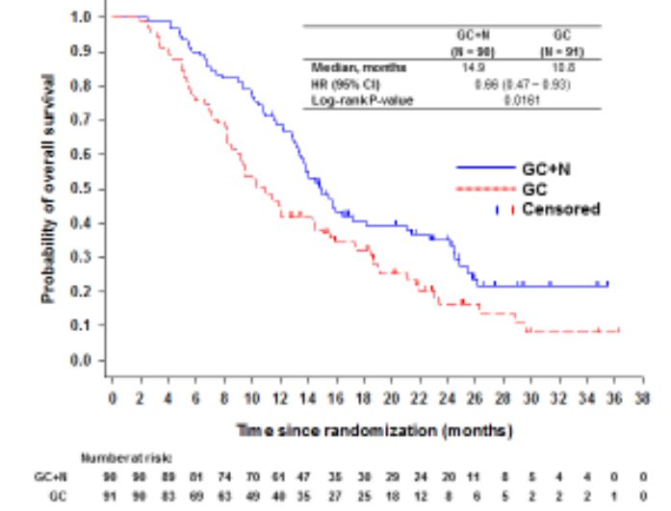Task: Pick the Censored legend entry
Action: (x=560, y=209)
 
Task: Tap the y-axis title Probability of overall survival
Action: (x=47, y=188)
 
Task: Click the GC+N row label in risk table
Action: (x=50, y=476)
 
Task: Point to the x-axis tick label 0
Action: (x=112, y=397)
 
